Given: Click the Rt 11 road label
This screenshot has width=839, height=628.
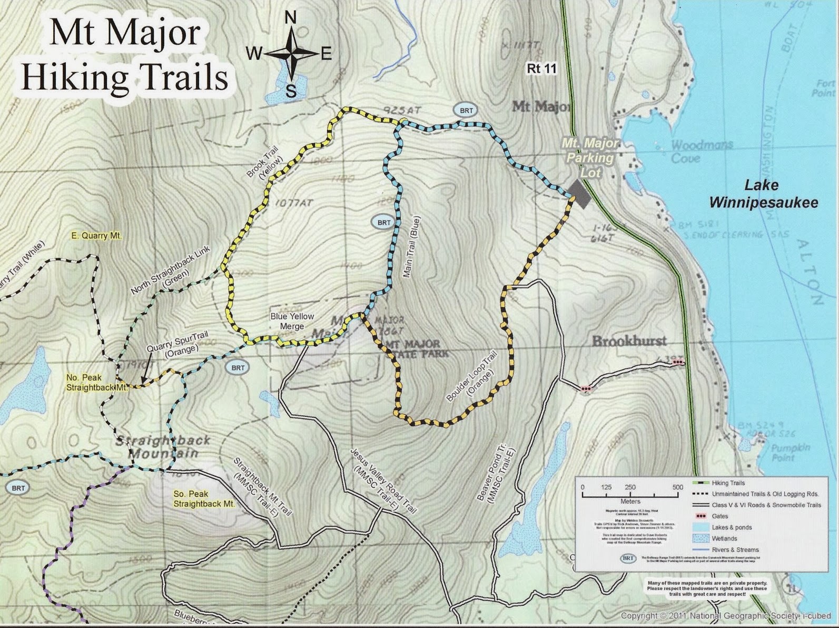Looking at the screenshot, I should pyautogui.click(x=541, y=68).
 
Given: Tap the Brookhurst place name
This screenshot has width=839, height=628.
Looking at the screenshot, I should pyautogui.click(x=629, y=341).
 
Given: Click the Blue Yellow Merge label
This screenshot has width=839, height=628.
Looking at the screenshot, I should pyautogui.click(x=292, y=321).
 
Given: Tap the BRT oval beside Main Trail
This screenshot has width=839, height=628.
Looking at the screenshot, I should pyautogui.click(x=384, y=223).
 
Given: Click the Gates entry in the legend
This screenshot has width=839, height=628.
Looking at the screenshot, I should pyautogui.click(x=719, y=516).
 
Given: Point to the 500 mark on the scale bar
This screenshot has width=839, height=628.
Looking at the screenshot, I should pyautogui.click(x=678, y=487).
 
